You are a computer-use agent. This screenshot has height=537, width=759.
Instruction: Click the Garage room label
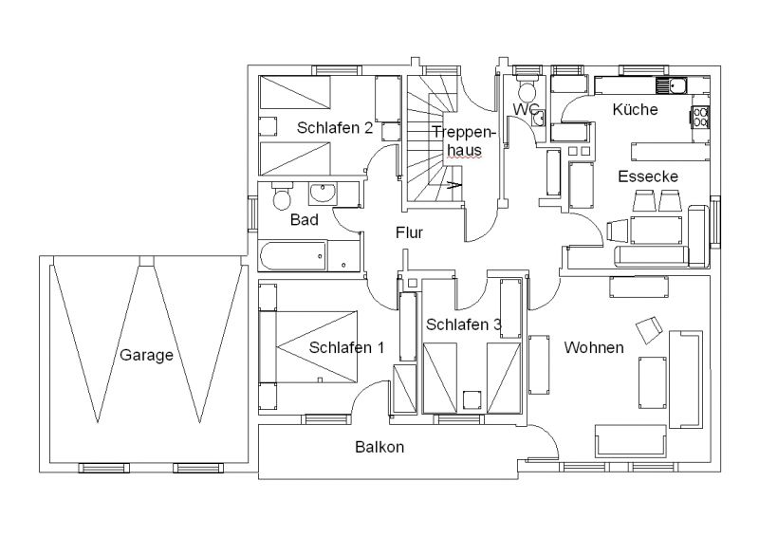(x=146, y=355)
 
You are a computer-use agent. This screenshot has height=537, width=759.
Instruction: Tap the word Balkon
(x=379, y=447)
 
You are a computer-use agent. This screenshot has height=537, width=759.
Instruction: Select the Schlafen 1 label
(x=346, y=347)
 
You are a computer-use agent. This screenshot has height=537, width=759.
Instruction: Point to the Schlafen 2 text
(x=335, y=128)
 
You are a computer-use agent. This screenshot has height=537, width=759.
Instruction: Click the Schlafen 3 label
(x=463, y=324)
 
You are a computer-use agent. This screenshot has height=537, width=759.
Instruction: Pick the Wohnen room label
(x=594, y=347)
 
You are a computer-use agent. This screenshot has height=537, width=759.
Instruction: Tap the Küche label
(x=635, y=109)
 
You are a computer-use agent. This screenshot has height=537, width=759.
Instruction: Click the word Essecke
(x=648, y=176)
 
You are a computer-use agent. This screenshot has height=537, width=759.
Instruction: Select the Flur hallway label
(x=409, y=232)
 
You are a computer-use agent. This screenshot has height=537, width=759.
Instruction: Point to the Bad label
(x=304, y=220)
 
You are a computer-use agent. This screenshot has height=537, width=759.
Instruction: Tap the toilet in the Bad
(x=282, y=196)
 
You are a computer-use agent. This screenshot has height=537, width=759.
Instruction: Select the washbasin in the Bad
(x=322, y=193)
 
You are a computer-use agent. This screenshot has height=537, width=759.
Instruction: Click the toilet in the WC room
(x=527, y=87)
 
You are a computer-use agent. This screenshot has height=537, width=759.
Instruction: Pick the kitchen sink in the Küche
(x=671, y=85)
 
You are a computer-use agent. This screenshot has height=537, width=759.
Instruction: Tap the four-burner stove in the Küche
(x=700, y=118)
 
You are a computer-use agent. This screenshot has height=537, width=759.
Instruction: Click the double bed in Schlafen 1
(x=308, y=347)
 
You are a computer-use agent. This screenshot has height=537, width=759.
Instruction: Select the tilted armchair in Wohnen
(x=649, y=330)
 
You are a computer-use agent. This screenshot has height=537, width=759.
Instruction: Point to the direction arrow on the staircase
(x=454, y=184)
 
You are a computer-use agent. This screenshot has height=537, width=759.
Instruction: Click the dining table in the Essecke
(x=656, y=230)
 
